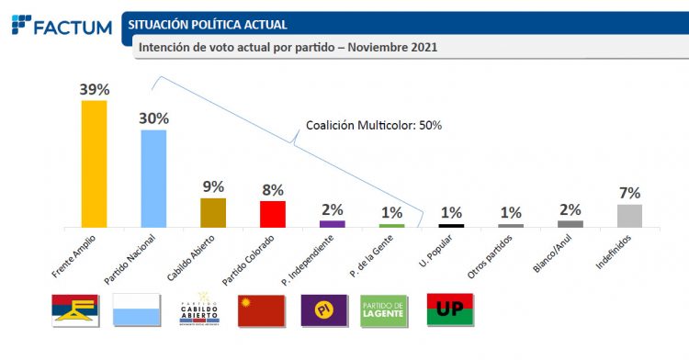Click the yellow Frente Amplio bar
tap(94, 163)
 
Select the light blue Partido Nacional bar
tap(153, 178)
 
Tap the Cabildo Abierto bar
tap(213, 212)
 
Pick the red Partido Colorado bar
tap(273, 214)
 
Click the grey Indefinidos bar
tap(629, 216)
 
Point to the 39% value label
tap(94, 89)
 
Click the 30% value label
tap(153, 118)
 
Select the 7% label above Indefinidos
tap(629, 193)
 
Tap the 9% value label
tap(213, 186)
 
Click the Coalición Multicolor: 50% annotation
tap(373, 125)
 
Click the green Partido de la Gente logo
tap(383, 310)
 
